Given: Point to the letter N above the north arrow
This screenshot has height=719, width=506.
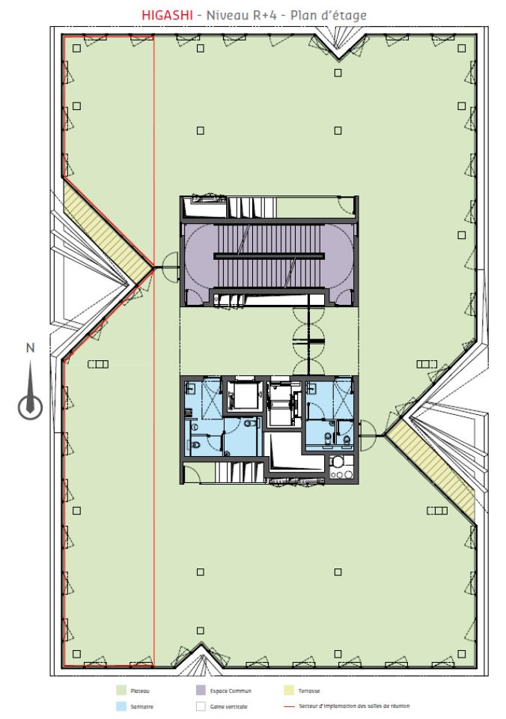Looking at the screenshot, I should pos(30,348).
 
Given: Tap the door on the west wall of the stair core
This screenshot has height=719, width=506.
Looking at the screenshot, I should pos(166,263).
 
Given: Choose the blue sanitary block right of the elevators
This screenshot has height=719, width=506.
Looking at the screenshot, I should pos(329,416).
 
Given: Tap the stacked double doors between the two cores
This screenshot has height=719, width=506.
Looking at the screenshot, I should pos(308,341).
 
